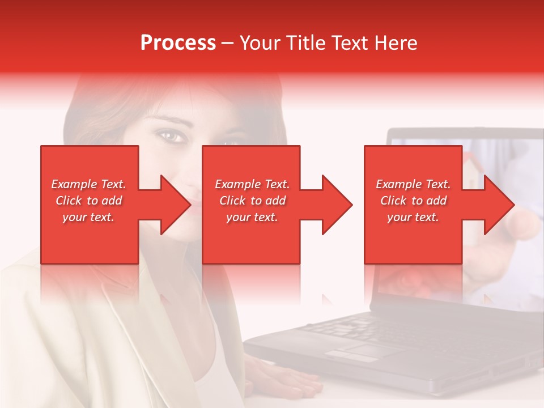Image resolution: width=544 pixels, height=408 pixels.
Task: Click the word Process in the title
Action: tap(178, 43)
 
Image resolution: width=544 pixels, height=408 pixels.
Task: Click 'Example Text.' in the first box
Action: tap(89, 184)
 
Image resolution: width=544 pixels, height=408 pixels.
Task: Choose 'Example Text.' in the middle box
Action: tap(252, 184)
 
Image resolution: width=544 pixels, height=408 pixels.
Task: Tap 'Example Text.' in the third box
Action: tap(413, 184)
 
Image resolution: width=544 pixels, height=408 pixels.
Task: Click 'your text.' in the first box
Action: tap(89, 217)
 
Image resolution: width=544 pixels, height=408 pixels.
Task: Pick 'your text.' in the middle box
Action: tap(252, 217)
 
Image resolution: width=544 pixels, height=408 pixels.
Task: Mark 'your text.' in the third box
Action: tap(413, 217)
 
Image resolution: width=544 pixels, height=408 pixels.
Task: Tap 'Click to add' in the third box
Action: tap(413, 201)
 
